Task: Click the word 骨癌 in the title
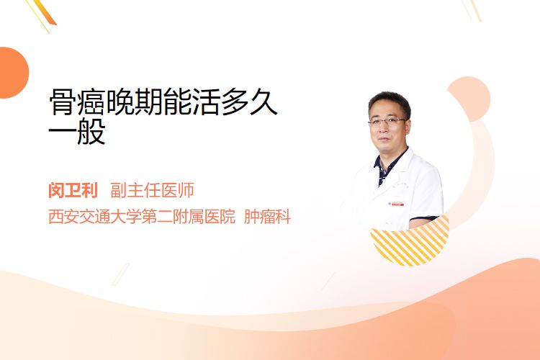tap(77, 102)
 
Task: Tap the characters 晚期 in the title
tap(133, 102)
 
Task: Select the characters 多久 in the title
tap(249, 102)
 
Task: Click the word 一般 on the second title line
tap(77, 132)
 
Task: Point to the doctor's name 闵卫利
tap(73, 190)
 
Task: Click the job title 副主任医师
tap(152, 190)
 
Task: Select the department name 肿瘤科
tap(268, 217)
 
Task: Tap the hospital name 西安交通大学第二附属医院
tap(142, 217)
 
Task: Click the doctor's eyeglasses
tap(387, 121)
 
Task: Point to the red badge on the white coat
tap(396, 204)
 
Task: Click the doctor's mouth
tap(384, 139)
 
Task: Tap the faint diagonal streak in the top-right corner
tap(473, 10)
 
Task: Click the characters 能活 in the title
tap(192, 102)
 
